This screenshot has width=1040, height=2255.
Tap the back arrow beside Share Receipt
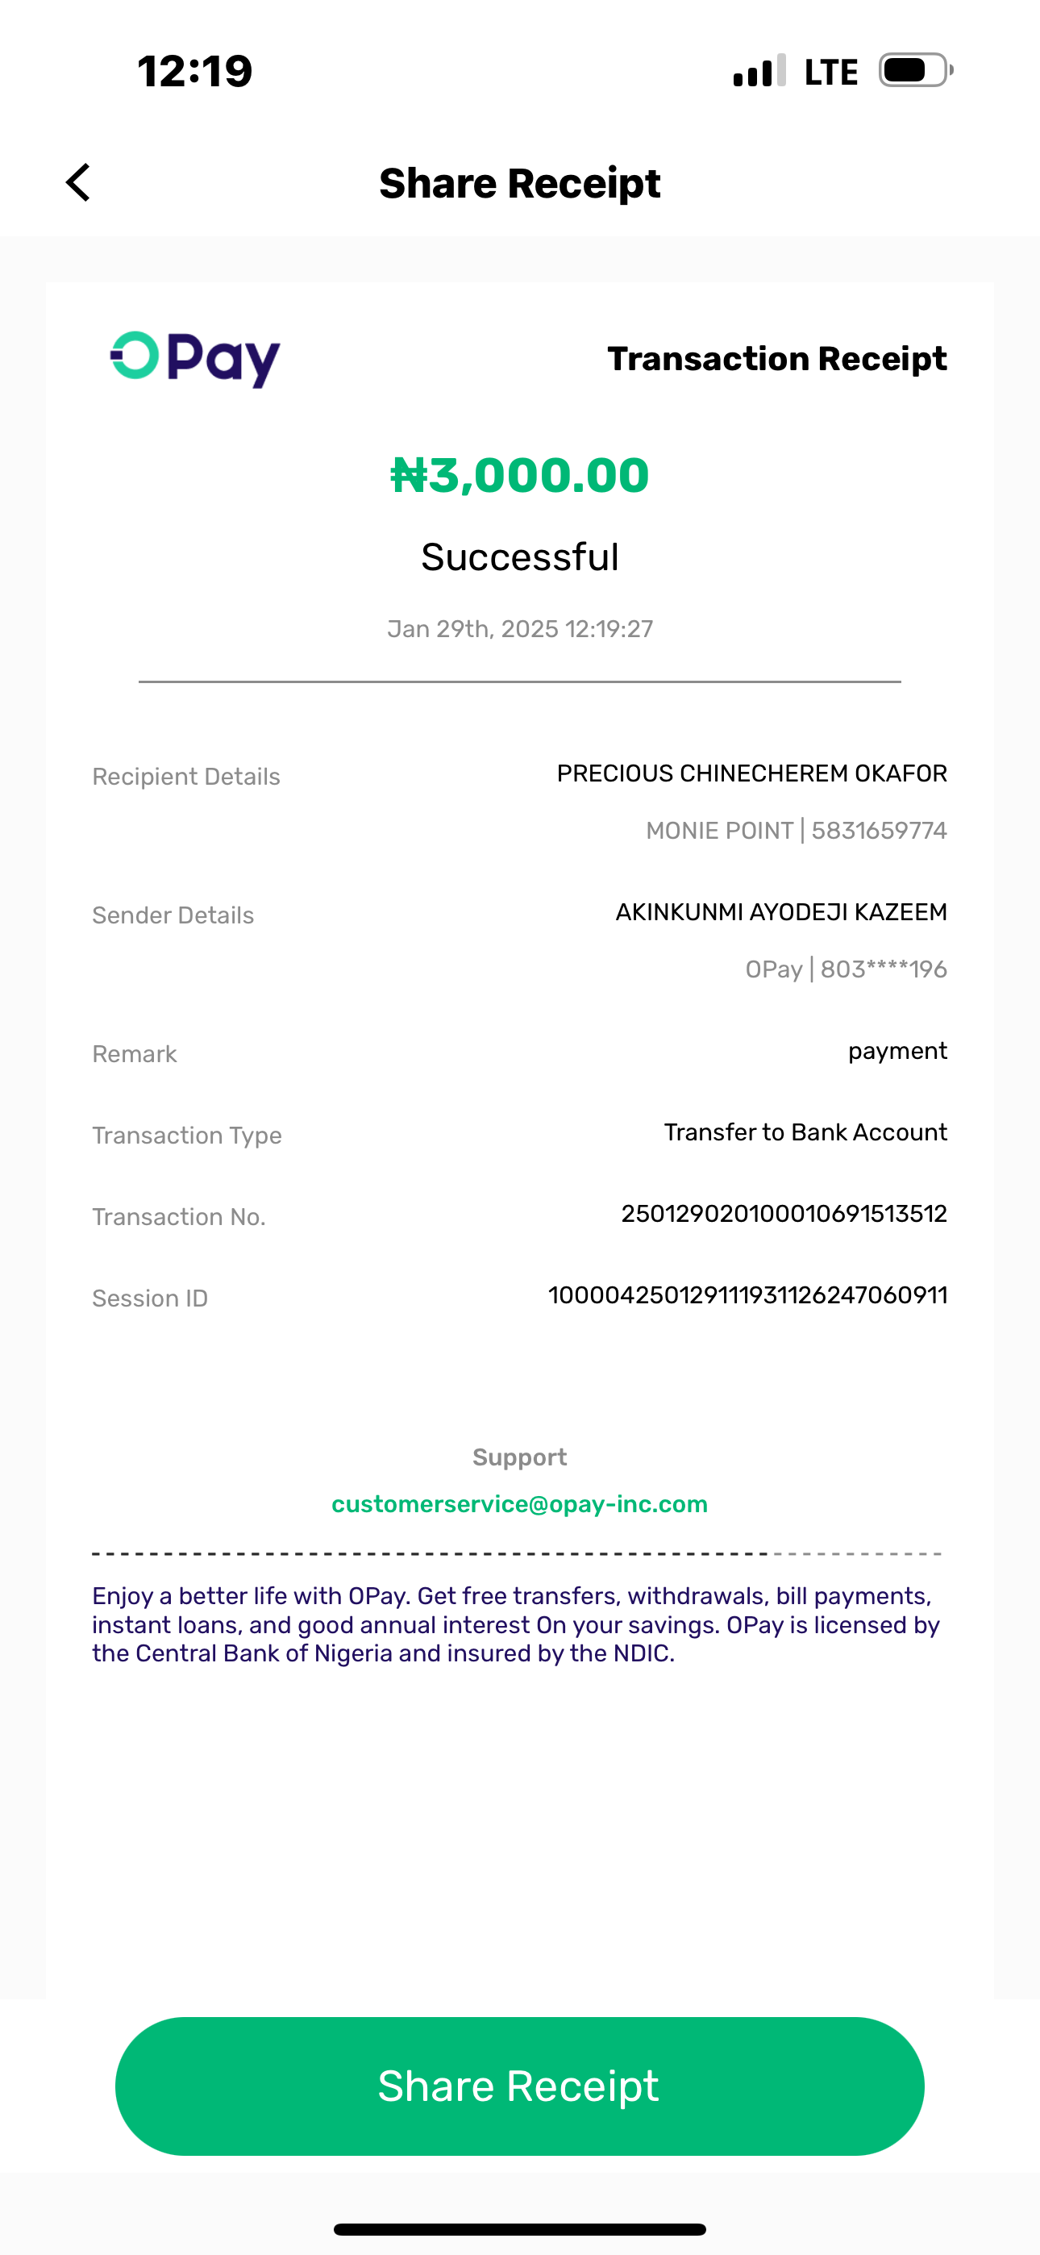tap(78, 183)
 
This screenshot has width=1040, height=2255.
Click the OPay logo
tap(194, 358)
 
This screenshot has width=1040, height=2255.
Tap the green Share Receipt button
tap(519, 2086)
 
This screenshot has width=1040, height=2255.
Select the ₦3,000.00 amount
tap(519, 475)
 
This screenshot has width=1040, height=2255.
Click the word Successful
tap(519, 557)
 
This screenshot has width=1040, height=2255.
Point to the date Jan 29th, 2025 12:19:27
tap(519, 629)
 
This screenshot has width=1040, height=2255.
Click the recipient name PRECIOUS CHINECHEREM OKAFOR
tap(751, 773)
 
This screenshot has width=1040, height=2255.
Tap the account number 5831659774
tap(879, 831)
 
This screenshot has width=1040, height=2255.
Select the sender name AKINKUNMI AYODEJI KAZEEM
tap(781, 912)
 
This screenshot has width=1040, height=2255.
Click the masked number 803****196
tap(884, 970)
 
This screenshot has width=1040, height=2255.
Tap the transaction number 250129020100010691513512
tap(784, 1214)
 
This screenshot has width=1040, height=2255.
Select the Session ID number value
tap(747, 1295)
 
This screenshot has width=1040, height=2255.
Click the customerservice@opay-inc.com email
tap(519, 1504)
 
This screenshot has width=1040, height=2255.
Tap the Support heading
tap(519, 1457)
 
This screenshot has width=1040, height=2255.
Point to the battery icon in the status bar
tap(915, 71)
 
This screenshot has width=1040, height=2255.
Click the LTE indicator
tap(830, 72)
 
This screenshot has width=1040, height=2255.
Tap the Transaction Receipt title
tap(776, 359)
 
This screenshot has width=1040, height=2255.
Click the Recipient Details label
tap(186, 777)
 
